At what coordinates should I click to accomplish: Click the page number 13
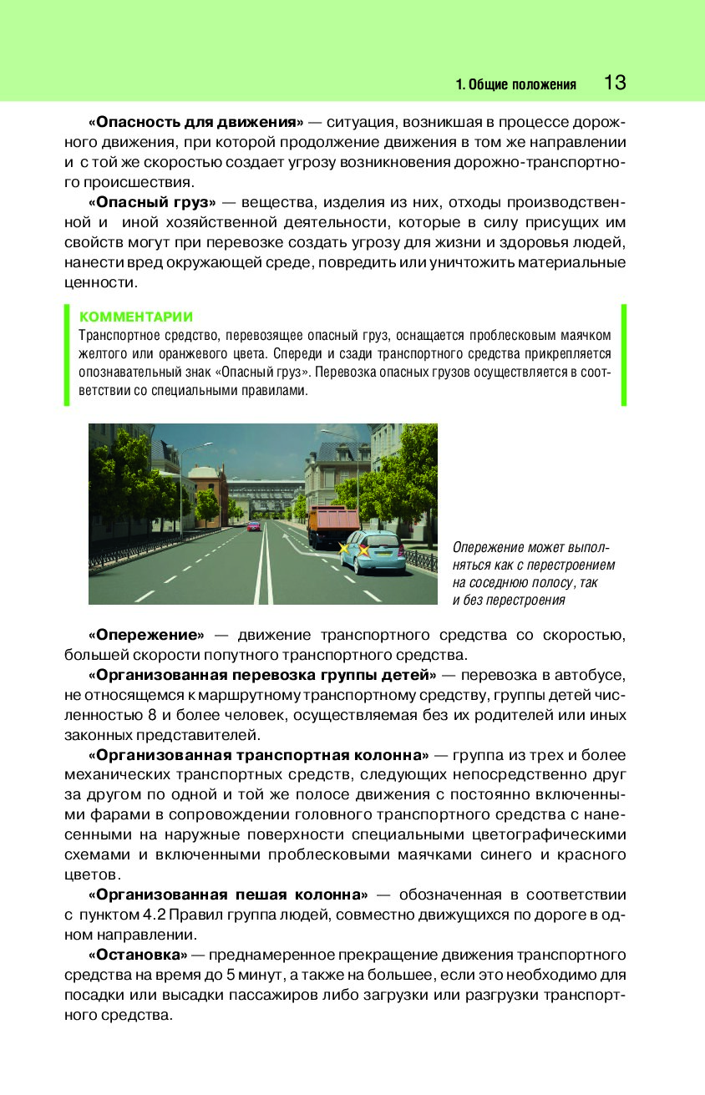click(x=614, y=83)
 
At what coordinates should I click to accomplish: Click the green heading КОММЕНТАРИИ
click(x=135, y=317)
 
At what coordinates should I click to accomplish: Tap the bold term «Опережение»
click(x=146, y=634)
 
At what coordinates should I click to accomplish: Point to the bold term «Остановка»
click(x=138, y=954)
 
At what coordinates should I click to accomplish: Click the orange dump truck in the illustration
click(x=334, y=525)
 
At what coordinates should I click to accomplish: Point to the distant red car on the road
click(x=253, y=526)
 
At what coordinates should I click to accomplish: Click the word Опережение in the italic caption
click(x=488, y=547)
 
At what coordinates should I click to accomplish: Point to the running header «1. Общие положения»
click(x=516, y=84)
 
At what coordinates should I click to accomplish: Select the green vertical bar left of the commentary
click(x=67, y=355)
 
